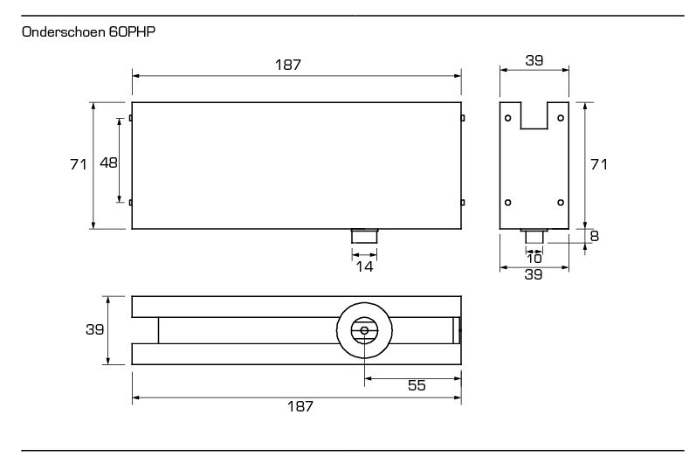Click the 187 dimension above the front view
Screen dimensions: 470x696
pos(297,66)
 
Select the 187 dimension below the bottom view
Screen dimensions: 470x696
pos(297,407)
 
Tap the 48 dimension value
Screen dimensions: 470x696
pos(108,162)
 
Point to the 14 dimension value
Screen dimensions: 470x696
pos(364,266)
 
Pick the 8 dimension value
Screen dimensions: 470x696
pos(594,235)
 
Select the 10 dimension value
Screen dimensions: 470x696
pos(534,258)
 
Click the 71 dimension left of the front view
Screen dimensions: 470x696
pos(78,164)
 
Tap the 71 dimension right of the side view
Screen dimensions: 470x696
pos(598,164)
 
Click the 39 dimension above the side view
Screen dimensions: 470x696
pos(534,59)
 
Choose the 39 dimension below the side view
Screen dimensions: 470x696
pos(534,274)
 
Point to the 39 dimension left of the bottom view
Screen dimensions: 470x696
pos(94,330)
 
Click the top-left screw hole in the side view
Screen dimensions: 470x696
pos(508,117)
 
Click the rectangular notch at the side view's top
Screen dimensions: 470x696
pos(534,115)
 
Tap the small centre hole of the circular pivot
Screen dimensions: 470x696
pos(364,330)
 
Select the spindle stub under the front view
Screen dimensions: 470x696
pos(364,236)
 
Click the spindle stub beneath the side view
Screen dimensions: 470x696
pos(534,236)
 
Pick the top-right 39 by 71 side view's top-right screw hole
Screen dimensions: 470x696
pos(560,117)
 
